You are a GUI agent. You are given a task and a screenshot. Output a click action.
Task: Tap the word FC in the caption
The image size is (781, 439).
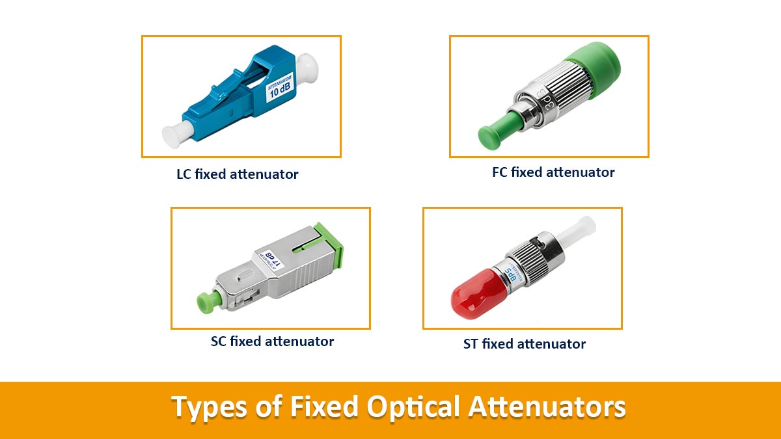coord(500,172)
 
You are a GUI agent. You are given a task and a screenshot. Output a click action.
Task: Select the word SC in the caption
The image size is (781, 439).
coord(219,341)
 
